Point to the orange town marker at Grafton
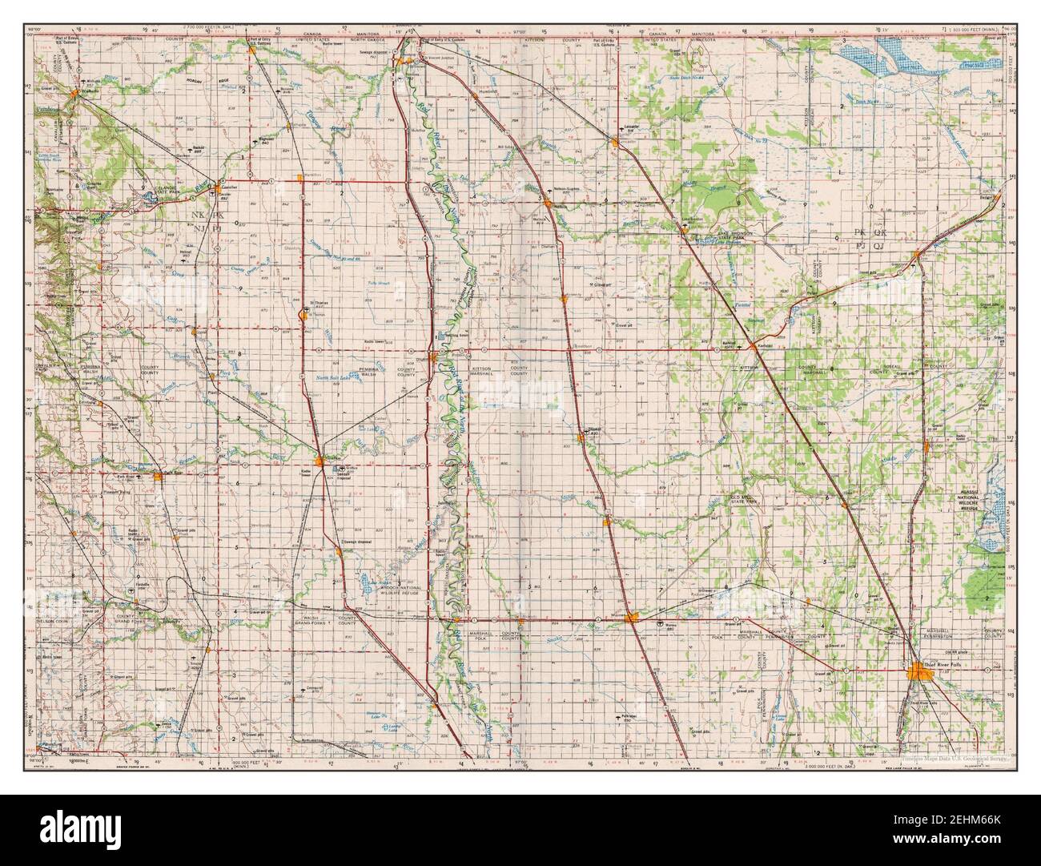tap(321, 461)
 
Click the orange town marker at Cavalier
tap(213, 182)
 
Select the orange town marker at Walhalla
tap(74, 95)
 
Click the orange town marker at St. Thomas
tap(302, 313)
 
